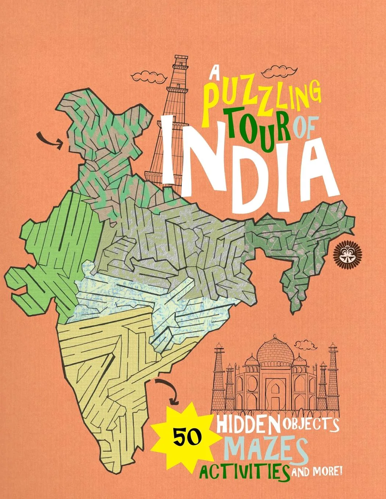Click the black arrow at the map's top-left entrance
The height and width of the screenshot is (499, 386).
pos(50,140)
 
